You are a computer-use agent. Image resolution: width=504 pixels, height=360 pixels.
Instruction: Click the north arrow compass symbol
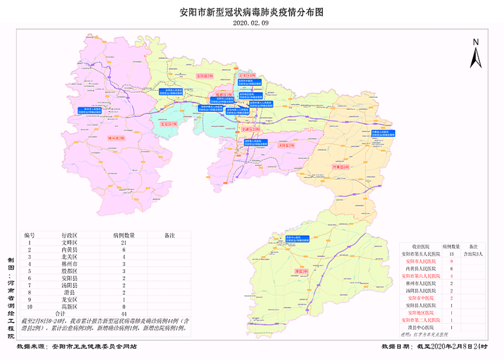click(475, 54)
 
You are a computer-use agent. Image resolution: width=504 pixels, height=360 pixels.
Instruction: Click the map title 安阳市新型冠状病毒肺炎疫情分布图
click(252, 12)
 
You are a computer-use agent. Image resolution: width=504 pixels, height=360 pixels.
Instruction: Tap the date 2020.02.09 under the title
click(251, 23)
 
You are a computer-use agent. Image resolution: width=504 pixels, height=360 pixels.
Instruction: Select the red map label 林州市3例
click(116, 137)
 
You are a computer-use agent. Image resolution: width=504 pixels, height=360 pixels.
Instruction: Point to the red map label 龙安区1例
click(169, 125)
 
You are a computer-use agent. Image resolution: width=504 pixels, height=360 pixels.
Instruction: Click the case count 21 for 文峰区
click(125, 243)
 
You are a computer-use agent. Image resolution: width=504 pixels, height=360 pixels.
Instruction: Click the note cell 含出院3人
click(473, 253)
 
